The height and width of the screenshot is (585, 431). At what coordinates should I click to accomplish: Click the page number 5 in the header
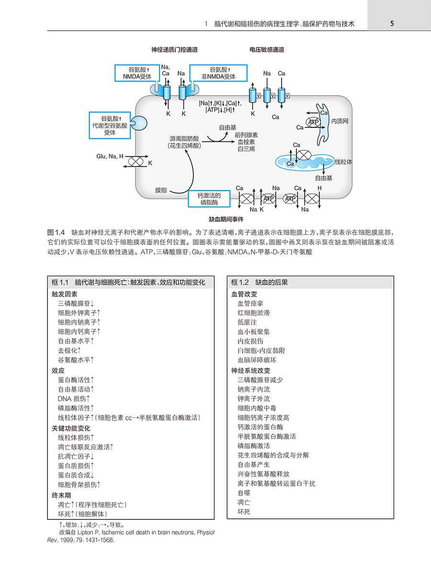[392, 23]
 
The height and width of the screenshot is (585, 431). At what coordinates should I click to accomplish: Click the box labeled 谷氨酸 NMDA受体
[137, 73]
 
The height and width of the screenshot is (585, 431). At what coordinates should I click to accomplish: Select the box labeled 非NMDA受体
[218, 73]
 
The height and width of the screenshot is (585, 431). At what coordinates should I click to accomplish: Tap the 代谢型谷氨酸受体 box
[110, 125]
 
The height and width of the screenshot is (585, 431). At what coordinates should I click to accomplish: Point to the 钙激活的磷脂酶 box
[209, 199]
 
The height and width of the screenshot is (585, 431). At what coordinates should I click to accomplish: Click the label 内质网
[340, 121]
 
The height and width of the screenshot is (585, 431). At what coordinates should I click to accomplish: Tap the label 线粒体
[343, 162]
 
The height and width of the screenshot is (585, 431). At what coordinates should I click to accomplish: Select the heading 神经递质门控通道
[174, 50]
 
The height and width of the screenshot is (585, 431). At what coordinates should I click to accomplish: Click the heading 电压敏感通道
[267, 50]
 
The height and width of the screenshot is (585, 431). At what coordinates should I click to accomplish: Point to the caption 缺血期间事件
[226, 219]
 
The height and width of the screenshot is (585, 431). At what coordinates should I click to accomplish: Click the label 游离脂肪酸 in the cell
[184, 139]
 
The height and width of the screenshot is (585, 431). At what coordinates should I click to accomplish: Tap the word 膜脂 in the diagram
[161, 191]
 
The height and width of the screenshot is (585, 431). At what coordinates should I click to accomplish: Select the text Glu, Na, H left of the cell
[110, 156]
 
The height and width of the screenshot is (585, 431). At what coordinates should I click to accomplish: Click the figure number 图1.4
[56, 232]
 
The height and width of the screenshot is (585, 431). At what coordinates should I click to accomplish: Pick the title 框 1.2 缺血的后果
[260, 282]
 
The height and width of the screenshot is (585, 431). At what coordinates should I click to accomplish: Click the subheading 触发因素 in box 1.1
[64, 294]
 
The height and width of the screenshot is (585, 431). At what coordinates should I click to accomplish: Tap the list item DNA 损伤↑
[74, 399]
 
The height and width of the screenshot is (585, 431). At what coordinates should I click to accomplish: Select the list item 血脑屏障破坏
[257, 360]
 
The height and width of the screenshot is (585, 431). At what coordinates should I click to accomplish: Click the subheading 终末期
[61, 495]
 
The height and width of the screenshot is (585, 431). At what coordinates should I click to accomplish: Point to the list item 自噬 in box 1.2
[244, 493]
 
